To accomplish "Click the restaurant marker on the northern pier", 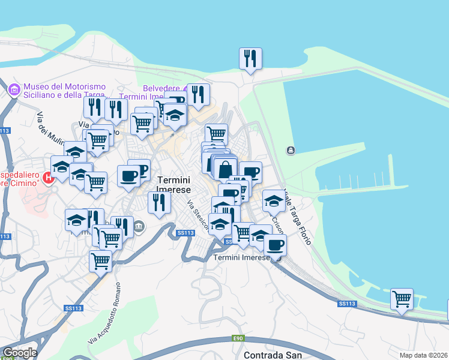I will pyautogui.click(x=250, y=59).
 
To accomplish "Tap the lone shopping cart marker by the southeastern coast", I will pyautogui.click(x=402, y=299).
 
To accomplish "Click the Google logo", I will pyautogui.click(x=19, y=352).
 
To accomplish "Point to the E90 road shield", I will pyautogui.click(x=238, y=339).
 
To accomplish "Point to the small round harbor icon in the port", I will pyautogui.click(x=291, y=150).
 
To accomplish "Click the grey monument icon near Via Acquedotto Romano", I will pyautogui.click(x=139, y=226).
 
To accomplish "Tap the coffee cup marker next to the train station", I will pyautogui.click(x=275, y=245).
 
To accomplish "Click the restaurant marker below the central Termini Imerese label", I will pyautogui.click(x=158, y=203).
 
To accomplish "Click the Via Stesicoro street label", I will pyautogui.click(x=197, y=215).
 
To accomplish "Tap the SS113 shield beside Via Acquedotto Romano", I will pyautogui.click(x=73, y=308).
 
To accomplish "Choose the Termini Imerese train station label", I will pyautogui.click(x=242, y=257).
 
